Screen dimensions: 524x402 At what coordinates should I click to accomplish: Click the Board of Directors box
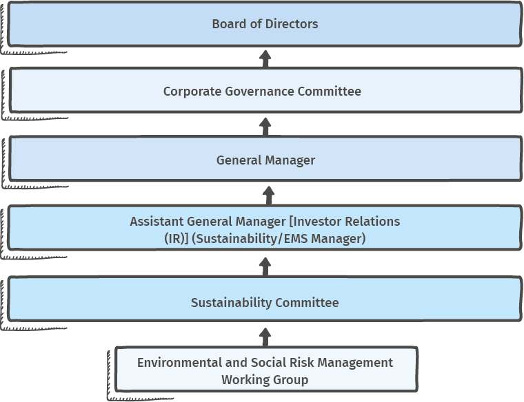[265, 24]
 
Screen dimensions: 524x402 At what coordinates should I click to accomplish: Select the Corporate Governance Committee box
[265, 90]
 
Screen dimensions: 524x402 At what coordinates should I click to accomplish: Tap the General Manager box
[265, 159]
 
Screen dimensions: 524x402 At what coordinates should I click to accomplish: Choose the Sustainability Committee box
[265, 299]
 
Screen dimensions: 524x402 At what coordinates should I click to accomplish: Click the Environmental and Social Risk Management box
[266, 370]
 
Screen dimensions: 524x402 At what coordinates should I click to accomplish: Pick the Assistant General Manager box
[265, 228]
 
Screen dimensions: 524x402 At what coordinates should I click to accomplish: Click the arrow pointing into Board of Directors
[265, 59]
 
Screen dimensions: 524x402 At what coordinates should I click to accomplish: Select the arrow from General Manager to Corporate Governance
[265, 127]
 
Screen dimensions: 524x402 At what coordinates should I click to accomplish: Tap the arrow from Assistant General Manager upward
[268, 195]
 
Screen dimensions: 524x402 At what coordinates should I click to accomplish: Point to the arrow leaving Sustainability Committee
[265, 267]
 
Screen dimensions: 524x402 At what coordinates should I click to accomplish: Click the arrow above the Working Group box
[265, 337]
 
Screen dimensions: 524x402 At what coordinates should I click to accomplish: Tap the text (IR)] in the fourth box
[177, 239]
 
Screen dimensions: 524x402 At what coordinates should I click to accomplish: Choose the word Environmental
[179, 363]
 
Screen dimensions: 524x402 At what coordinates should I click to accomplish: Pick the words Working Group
[265, 380]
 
